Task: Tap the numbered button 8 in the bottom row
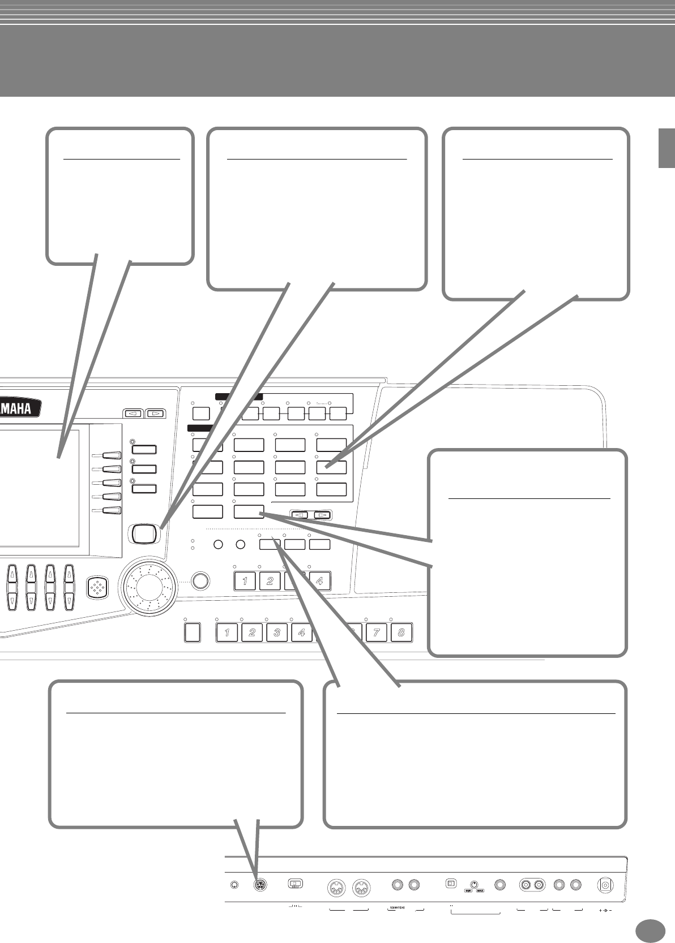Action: (x=401, y=632)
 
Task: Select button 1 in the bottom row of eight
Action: (x=227, y=632)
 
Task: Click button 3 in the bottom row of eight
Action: (x=277, y=632)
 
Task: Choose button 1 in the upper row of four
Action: (x=245, y=581)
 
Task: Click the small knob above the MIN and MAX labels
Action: (x=473, y=883)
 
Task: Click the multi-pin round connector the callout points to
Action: (x=260, y=886)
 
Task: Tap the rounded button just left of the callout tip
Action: (x=144, y=532)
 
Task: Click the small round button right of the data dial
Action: (x=200, y=581)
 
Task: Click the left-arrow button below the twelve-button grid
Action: (x=300, y=515)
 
